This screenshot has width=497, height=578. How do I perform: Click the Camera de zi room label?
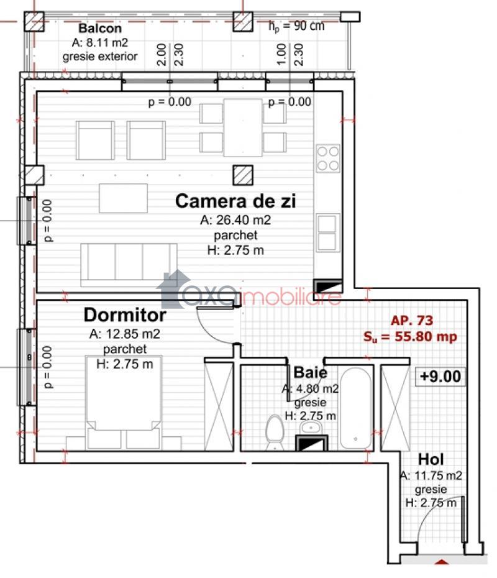(235, 201)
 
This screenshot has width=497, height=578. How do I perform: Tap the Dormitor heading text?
(125, 315)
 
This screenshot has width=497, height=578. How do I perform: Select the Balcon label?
(100, 28)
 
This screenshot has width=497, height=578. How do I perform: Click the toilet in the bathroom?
(275, 432)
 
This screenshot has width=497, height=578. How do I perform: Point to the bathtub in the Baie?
(355, 408)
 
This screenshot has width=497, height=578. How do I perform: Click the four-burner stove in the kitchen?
(328, 158)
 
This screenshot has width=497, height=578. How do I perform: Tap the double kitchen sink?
(327, 232)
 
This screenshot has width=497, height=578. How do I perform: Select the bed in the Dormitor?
(124, 401)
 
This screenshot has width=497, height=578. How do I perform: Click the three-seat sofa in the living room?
(129, 265)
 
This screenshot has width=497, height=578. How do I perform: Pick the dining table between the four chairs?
(243, 127)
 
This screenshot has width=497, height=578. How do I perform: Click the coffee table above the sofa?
(124, 198)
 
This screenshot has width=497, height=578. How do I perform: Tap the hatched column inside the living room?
(243, 175)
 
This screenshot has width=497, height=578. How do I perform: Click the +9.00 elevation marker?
(440, 377)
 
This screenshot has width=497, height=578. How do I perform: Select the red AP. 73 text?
(412, 320)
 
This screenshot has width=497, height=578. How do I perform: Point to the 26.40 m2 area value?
(235, 219)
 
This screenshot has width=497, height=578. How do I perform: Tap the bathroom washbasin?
(311, 428)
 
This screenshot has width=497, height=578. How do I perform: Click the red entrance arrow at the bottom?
(442, 562)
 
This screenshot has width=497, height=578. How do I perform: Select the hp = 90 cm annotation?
(296, 26)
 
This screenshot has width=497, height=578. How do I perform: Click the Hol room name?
(431, 459)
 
